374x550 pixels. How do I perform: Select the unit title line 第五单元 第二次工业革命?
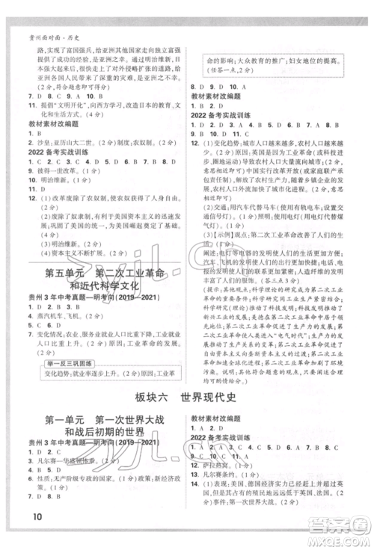pyautogui.click(x=108, y=271)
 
